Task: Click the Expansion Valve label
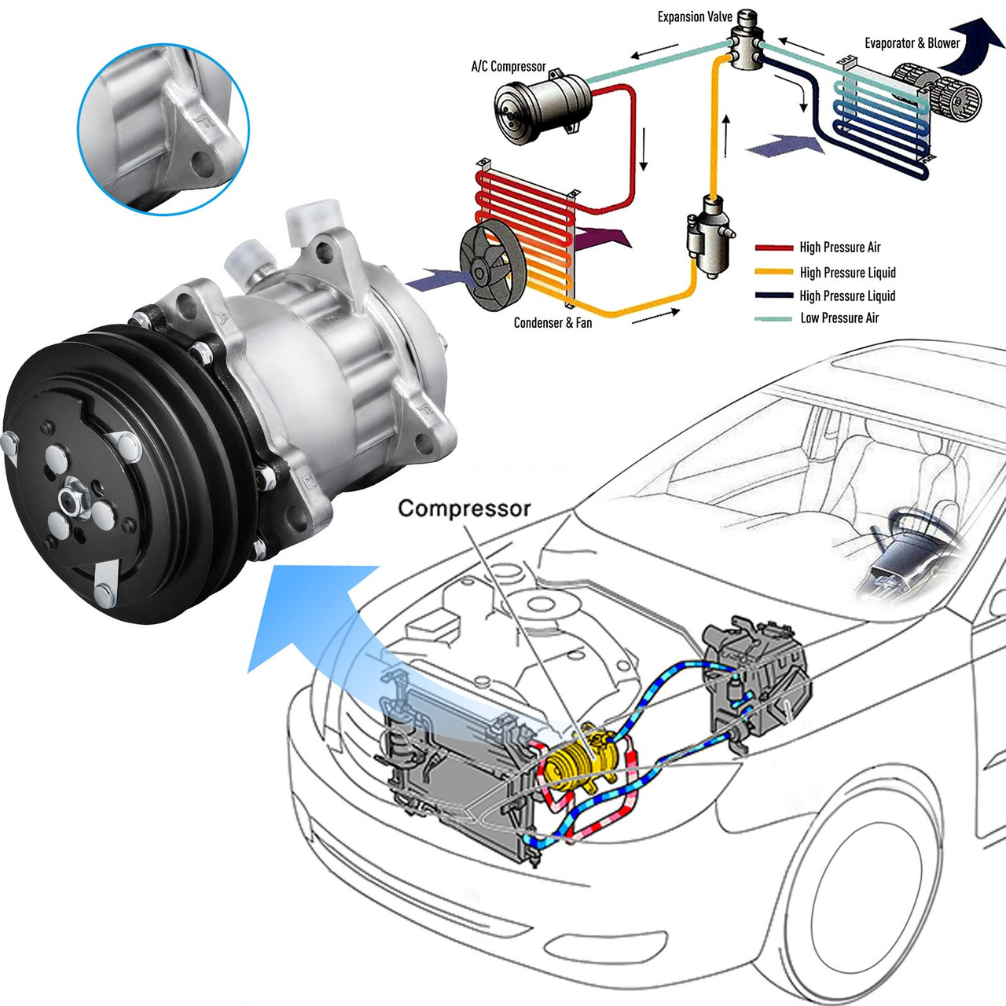pos(695,17)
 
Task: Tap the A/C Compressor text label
pos(508,67)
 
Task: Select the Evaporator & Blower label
pos(912,43)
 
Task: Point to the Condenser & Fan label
pos(553,322)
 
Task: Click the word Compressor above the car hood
pos(464,509)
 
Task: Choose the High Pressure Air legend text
pos(839,248)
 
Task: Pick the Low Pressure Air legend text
pos(839,318)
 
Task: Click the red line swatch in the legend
pos(773,248)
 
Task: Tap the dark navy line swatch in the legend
pos(773,296)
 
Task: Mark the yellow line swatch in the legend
pos(773,272)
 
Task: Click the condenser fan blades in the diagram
pos(491,268)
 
